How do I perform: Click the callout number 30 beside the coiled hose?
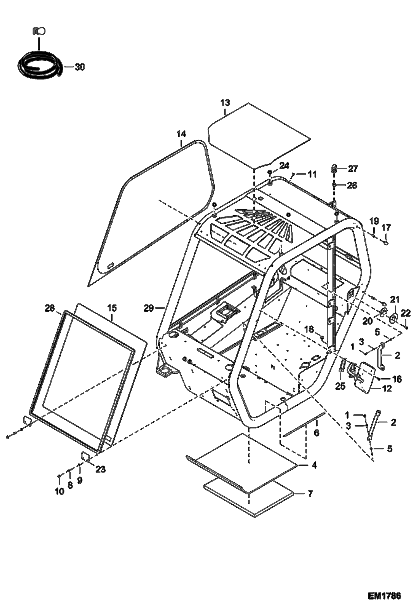pyautogui.click(x=80, y=67)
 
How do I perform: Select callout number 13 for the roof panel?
pyautogui.click(x=225, y=103)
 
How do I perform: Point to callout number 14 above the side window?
pyautogui.click(x=181, y=134)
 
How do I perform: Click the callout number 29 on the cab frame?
pyautogui.click(x=149, y=308)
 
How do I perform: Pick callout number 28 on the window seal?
pyautogui.click(x=50, y=308)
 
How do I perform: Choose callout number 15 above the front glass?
pyautogui.click(x=112, y=308)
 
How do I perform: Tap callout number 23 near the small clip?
pyautogui.click(x=101, y=469)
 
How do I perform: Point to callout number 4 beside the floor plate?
pyautogui.click(x=314, y=465)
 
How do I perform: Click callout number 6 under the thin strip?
pyautogui.click(x=317, y=433)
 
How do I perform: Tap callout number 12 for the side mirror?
pyautogui.click(x=387, y=389)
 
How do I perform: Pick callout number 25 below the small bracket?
pyautogui.click(x=340, y=386)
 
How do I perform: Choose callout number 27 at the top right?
pyautogui.click(x=353, y=168)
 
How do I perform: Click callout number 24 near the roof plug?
pyautogui.click(x=284, y=166)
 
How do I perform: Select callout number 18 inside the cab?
pyautogui.click(x=309, y=329)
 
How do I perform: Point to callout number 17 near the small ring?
pyautogui.click(x=386, y=227)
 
